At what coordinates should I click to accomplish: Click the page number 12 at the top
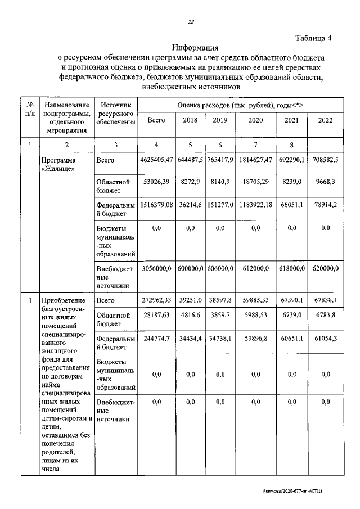coord(191,22)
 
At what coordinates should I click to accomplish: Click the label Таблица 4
coord(314,38)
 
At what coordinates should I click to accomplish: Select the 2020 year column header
coord(255,120)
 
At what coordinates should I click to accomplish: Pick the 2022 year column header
coord(325,120)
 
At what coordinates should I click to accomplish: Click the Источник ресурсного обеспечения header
coord(115,114)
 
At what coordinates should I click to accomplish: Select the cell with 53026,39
coord(156,182)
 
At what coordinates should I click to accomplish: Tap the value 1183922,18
coord(255,206)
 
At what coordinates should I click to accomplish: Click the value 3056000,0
coord(156,269)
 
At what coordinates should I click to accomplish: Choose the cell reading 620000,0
coord(325,269)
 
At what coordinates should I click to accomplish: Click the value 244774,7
coord(156,339)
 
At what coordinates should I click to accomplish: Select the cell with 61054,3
coord(325,339)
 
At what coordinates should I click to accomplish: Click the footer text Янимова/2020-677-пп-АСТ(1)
coord(302,491)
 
